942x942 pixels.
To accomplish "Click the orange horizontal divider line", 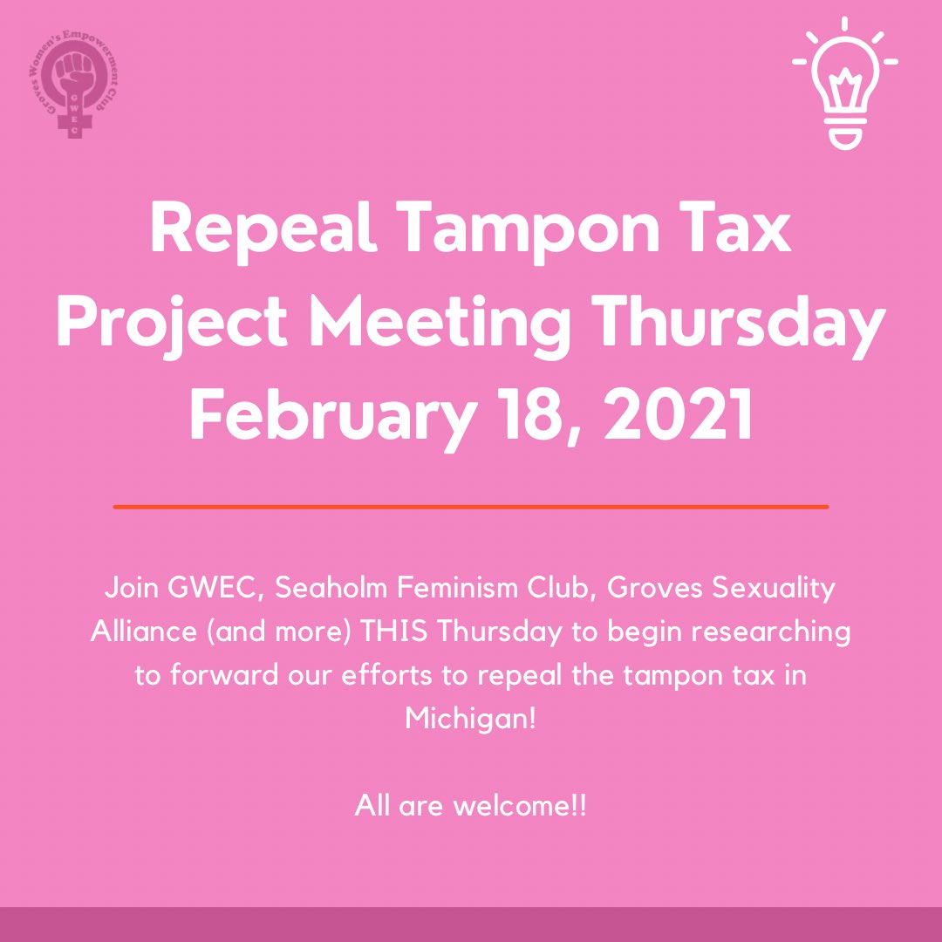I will click(471, 506).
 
